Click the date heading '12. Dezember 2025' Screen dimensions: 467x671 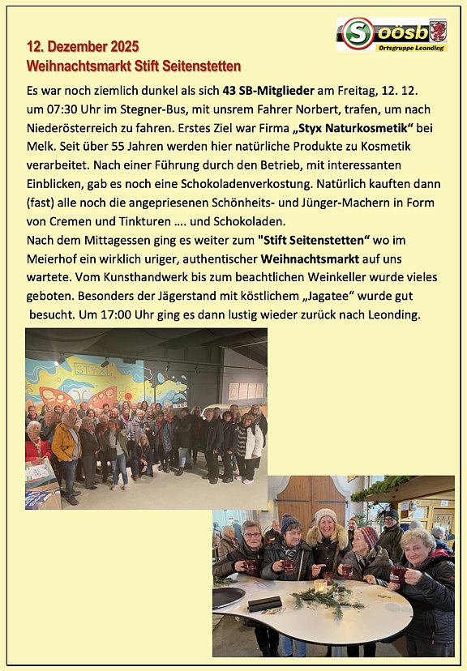pos(83,46)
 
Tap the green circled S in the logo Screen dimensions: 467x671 pos(357,34)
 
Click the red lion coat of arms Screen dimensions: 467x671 pos(437,31)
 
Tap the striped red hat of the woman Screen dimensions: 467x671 pos(368,536)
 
